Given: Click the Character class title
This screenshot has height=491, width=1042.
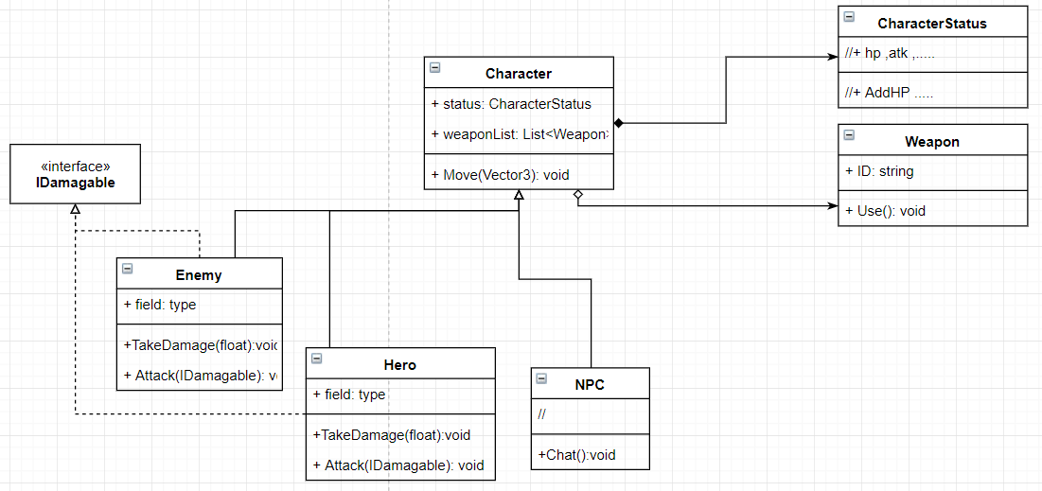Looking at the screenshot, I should [x=518, y=74].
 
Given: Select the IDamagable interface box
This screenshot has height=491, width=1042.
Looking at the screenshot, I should [x=75, y=174].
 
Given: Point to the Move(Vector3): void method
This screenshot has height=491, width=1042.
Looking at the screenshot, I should [x=500, y=174].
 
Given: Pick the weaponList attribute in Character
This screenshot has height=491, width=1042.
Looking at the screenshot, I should [x=518, y=134].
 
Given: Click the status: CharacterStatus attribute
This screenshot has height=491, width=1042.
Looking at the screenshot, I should [x=511, y=104].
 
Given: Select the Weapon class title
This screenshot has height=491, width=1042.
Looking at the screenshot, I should [x=931, y=142].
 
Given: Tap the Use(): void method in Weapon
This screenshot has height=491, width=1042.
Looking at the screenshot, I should [x=885, y=210].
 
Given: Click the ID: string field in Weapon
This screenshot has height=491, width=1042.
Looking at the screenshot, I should [x=879, y=171].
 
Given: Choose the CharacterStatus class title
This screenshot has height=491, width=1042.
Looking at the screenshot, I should [x=931, y=24].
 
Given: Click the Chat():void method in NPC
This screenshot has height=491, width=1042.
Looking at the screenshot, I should [x=576, y=455].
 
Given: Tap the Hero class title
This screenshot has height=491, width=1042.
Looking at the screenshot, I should [x=399, y=365].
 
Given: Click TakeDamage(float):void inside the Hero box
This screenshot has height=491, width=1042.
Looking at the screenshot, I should [x=391, y=435].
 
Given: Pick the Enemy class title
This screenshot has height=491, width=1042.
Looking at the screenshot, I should [x=199, y=275].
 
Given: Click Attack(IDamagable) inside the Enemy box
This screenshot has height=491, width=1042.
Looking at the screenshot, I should [x=200, y=376].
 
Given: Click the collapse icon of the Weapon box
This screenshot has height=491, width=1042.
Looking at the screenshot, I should [x=848, y=135].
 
